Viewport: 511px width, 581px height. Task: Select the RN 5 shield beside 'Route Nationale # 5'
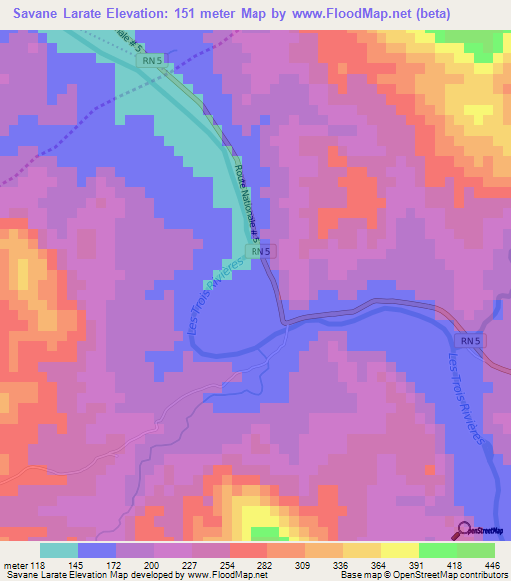pyautogui.click(x=259, y=253)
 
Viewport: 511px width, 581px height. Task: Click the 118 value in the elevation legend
pyautogui.click(x=38, y=565)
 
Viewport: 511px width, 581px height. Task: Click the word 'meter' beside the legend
pyautogui.click(x=15, y=565)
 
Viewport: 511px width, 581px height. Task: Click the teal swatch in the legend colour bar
pyautogui.click(x=58, y=550)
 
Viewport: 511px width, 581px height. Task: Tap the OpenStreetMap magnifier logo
pyautogui.click(x=466, y=530)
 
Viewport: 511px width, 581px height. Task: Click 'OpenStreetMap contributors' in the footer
pyautogui.click(x=452, y=576)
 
